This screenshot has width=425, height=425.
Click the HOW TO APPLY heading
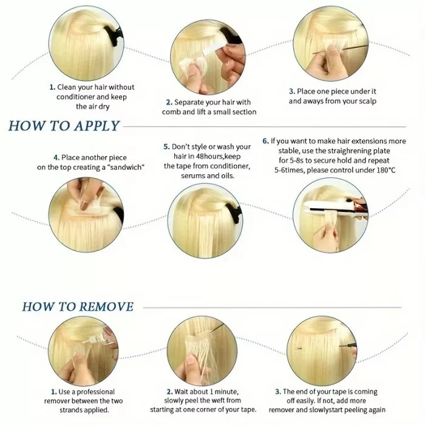(x=64, y=126)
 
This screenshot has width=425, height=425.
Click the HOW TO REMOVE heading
(x=78, y=307)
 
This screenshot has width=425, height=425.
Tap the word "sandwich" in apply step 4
(x=124, y=167)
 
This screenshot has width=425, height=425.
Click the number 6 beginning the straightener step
(x=265, y=141)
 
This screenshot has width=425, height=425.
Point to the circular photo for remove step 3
(x=321, y=350)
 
